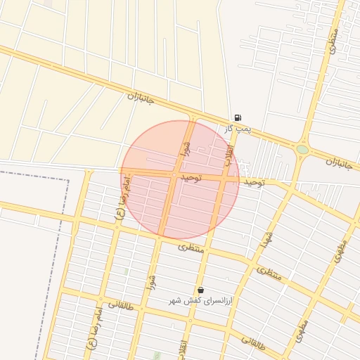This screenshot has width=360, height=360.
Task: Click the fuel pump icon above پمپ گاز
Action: point(238,117)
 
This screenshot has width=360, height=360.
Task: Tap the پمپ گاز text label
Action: point(238,129)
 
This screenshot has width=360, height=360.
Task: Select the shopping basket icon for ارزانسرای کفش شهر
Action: point(201,290)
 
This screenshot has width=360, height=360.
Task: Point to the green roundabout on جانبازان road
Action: point(302,149)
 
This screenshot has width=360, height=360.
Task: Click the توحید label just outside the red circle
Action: point(254,182)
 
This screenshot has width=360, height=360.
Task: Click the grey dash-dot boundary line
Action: point(68,232)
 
